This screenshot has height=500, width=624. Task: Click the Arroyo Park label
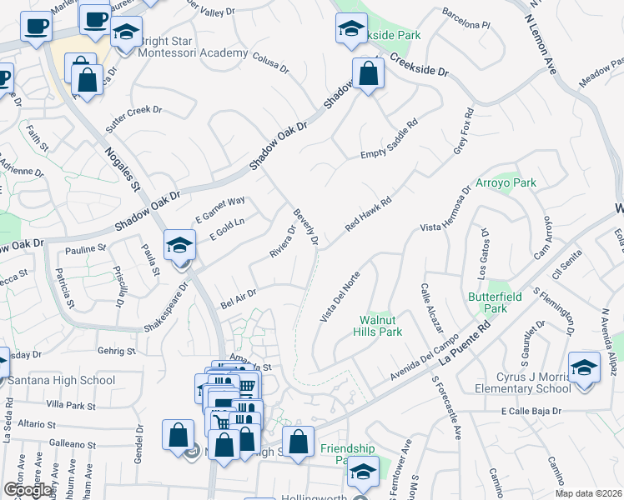[506, 182]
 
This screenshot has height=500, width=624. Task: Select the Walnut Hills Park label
[380, 325]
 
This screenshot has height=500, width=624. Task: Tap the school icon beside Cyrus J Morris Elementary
[584, 366]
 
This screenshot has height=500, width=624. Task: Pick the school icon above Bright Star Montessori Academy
[126, 33]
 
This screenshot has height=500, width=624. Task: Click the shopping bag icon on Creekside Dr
[368, 73]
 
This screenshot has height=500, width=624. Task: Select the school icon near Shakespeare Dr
[179, 245]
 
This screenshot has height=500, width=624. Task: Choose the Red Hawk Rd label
[369, 215]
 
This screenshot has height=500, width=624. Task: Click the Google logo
[28, 490]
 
